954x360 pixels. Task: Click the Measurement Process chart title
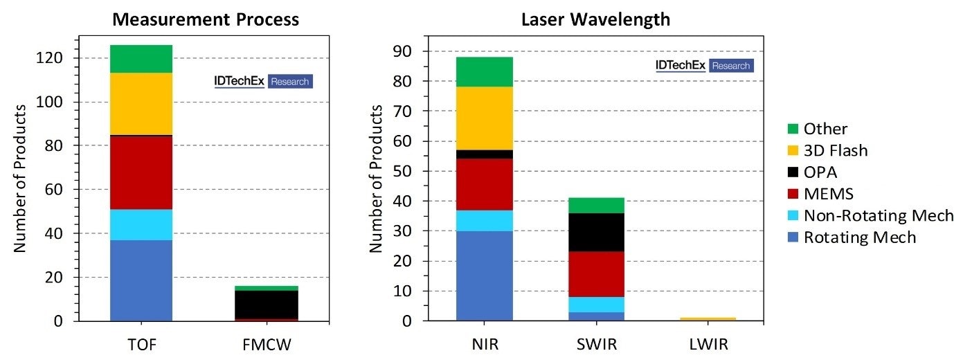pyautogui.click(x=206, y=19)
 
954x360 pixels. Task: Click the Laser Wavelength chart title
pyautogui.click(x=595, y=19)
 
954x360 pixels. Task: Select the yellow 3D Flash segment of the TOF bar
pyautogui.click(x=141, y=104)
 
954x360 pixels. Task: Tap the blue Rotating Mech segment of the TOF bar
pyautogui.click(x=141, y=280)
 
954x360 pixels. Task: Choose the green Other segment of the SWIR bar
pyautogui.click(x=595, y=205)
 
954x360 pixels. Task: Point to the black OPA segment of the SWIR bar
pyautogui.click(x=595, y=232)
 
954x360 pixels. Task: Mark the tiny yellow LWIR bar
pyautogui.click(x=708, y=319)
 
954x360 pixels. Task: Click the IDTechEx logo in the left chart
pyautogui.click(x=263, y=81)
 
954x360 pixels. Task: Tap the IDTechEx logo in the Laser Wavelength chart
pyautogui.click(x=703, y=66)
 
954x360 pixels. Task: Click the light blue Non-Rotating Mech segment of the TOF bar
pyautogui.click(x=141, y=224)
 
